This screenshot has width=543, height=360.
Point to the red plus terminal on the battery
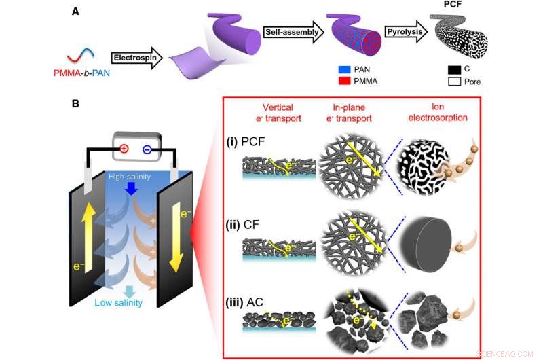point(124,148)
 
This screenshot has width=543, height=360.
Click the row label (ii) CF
point(252,221)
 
